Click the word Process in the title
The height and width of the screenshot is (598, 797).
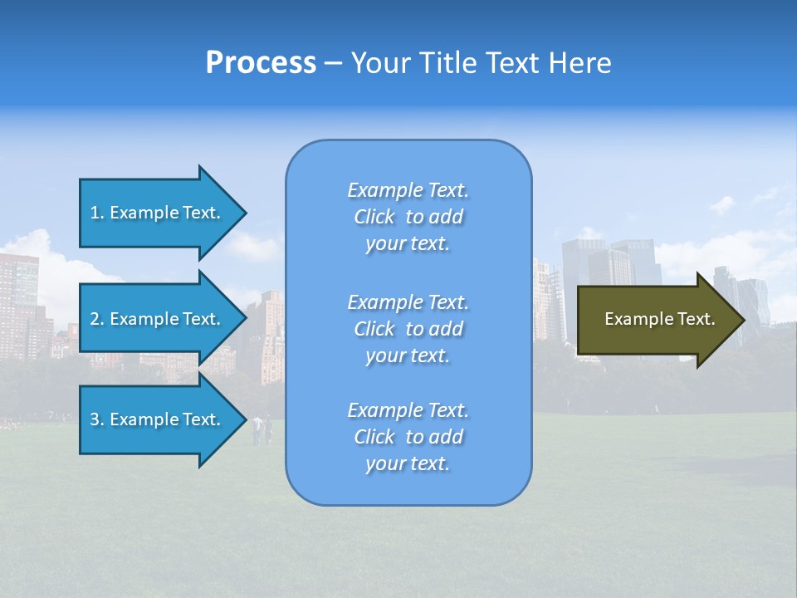[x=261, y=63]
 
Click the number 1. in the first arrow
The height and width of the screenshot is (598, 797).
[x=96, y=213]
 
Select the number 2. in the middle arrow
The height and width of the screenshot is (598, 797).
[x=96, y=319]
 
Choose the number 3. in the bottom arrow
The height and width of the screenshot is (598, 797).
[x=96, y=419]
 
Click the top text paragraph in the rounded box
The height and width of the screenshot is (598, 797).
[x=408, y=217]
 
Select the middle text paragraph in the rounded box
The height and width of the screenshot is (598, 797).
[x=408, y=329]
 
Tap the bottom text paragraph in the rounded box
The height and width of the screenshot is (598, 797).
[x=408, y=437]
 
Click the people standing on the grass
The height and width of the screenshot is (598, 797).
[x=262, y=429]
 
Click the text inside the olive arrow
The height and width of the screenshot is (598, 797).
[x=659, y=319]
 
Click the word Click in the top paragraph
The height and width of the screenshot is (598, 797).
[x=374, y=218]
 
